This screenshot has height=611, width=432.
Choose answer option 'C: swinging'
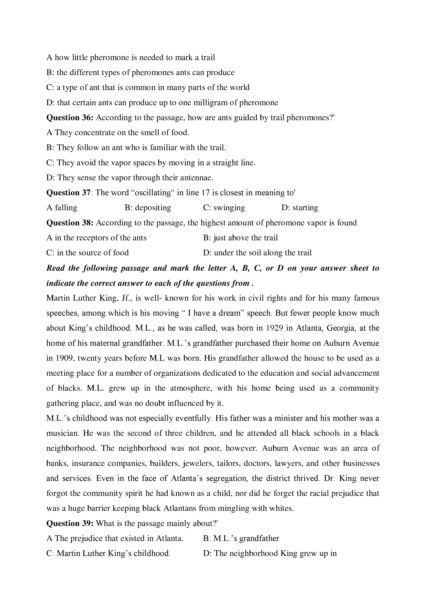(224, 208)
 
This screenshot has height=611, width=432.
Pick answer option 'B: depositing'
(148, 208)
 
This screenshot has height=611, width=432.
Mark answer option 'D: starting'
(300, 208)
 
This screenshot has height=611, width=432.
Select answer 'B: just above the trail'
(240, 238)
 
